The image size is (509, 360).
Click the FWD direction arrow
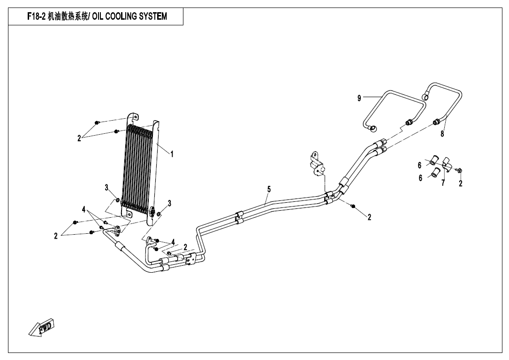coord(42,328)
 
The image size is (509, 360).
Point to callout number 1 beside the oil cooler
coord(172,154)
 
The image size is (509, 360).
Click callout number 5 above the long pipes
coord(269,189)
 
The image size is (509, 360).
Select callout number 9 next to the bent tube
coord(359,98)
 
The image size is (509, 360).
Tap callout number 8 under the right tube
coord(442,134)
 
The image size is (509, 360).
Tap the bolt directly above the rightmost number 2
coord(459,170)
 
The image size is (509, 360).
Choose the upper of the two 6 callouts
coord(420,165)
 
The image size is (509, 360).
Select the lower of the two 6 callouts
coord(421,178)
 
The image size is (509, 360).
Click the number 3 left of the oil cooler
coord(107,188)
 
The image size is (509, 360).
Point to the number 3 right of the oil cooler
coord(169,203)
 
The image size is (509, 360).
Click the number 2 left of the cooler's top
coord(80,138)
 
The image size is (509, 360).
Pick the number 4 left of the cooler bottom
coord(84,209)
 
